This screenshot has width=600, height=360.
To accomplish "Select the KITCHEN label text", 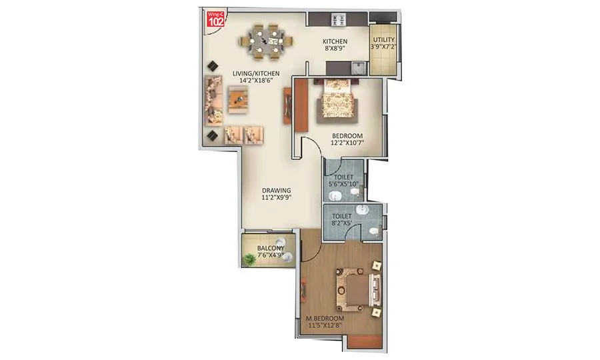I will pos(337,42).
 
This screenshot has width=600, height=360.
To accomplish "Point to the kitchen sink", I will pos(357,67).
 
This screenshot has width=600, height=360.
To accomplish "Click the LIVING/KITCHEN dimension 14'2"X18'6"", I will pos(255,81).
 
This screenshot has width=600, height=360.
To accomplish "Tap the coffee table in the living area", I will pos(239,99).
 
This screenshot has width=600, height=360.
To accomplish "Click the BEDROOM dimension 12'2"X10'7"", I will pos(347,149).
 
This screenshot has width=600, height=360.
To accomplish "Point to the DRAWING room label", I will pos(275,190).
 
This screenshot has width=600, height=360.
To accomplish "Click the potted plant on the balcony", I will pos(249,260).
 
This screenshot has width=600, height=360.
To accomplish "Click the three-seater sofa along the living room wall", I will pos(213,98).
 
